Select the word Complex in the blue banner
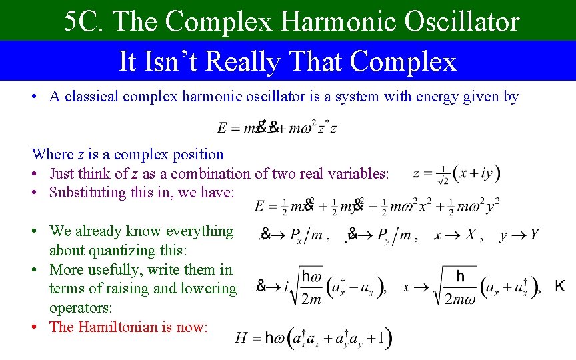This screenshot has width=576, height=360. point(403,61)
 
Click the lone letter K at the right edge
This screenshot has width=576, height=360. point(560,286)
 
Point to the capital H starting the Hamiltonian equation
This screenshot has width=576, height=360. point(241,337)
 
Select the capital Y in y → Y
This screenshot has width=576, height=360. point(534,235)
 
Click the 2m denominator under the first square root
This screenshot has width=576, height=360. point(311,299)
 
